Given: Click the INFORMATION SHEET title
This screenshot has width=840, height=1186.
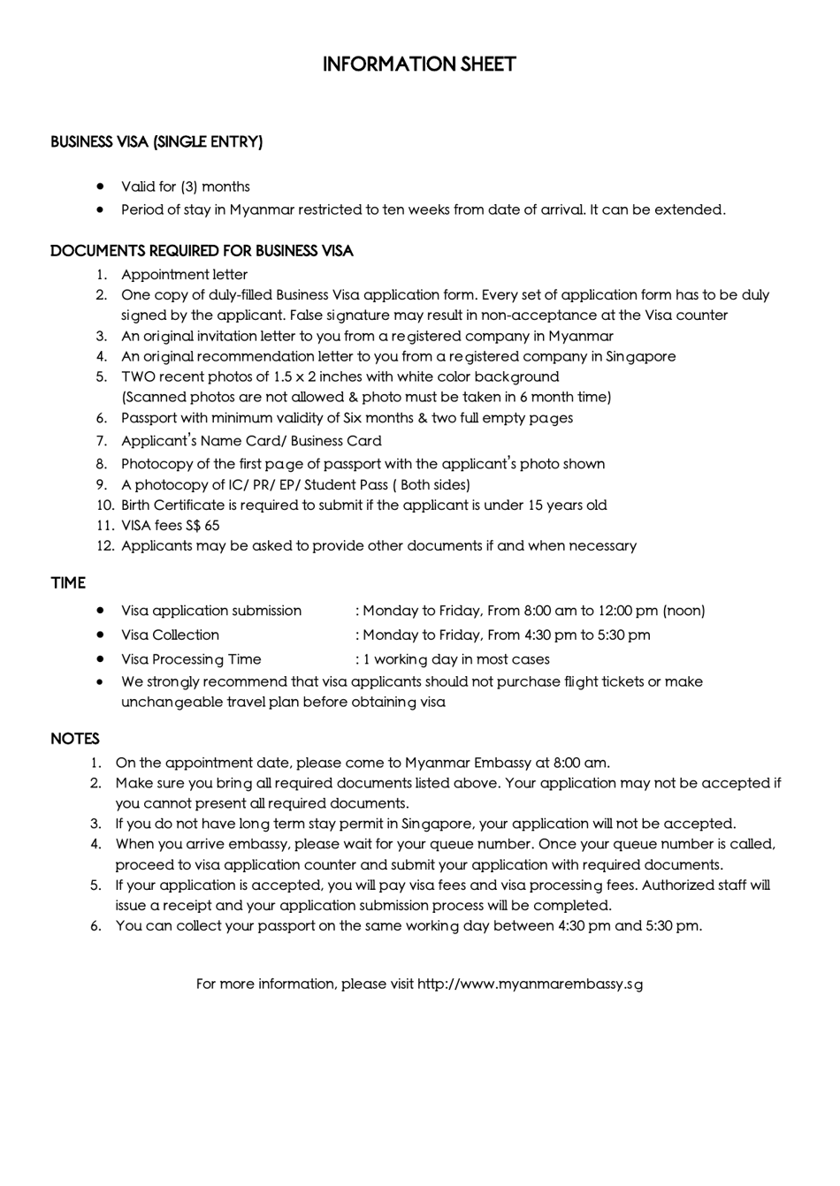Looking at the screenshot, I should click(x=419, y=65).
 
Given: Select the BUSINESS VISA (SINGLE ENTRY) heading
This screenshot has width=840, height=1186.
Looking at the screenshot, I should click(x=157, y=141).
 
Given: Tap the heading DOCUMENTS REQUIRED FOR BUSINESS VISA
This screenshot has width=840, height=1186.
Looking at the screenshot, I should click(x=202, y=251).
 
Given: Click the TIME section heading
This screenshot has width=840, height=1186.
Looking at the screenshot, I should click(x=68, y=583).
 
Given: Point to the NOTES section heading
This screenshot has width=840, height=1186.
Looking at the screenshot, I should click(x=75, y=739).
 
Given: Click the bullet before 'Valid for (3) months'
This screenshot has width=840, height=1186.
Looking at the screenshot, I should click(x=101, y=186).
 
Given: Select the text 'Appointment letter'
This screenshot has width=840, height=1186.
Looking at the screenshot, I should click(x=184, y=275).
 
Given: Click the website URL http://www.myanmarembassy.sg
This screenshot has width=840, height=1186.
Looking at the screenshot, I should click(x=530, y=984).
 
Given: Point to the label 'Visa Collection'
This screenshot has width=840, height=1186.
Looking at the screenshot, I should click(x=170, y=635).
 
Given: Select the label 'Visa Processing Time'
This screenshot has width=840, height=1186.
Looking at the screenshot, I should click(x=191, y=659).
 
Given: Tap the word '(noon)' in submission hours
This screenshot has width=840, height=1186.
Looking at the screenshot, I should click(x=683, y=611).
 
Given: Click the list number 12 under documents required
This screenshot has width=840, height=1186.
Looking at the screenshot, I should click(x=105, y=545).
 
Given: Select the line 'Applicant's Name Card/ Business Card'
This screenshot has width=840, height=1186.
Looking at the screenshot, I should click(x=251, y=441).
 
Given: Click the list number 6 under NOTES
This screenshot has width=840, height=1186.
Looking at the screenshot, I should click(x=95, y=926).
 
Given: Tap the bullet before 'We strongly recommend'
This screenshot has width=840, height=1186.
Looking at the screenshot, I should click(x=101, y=681).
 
